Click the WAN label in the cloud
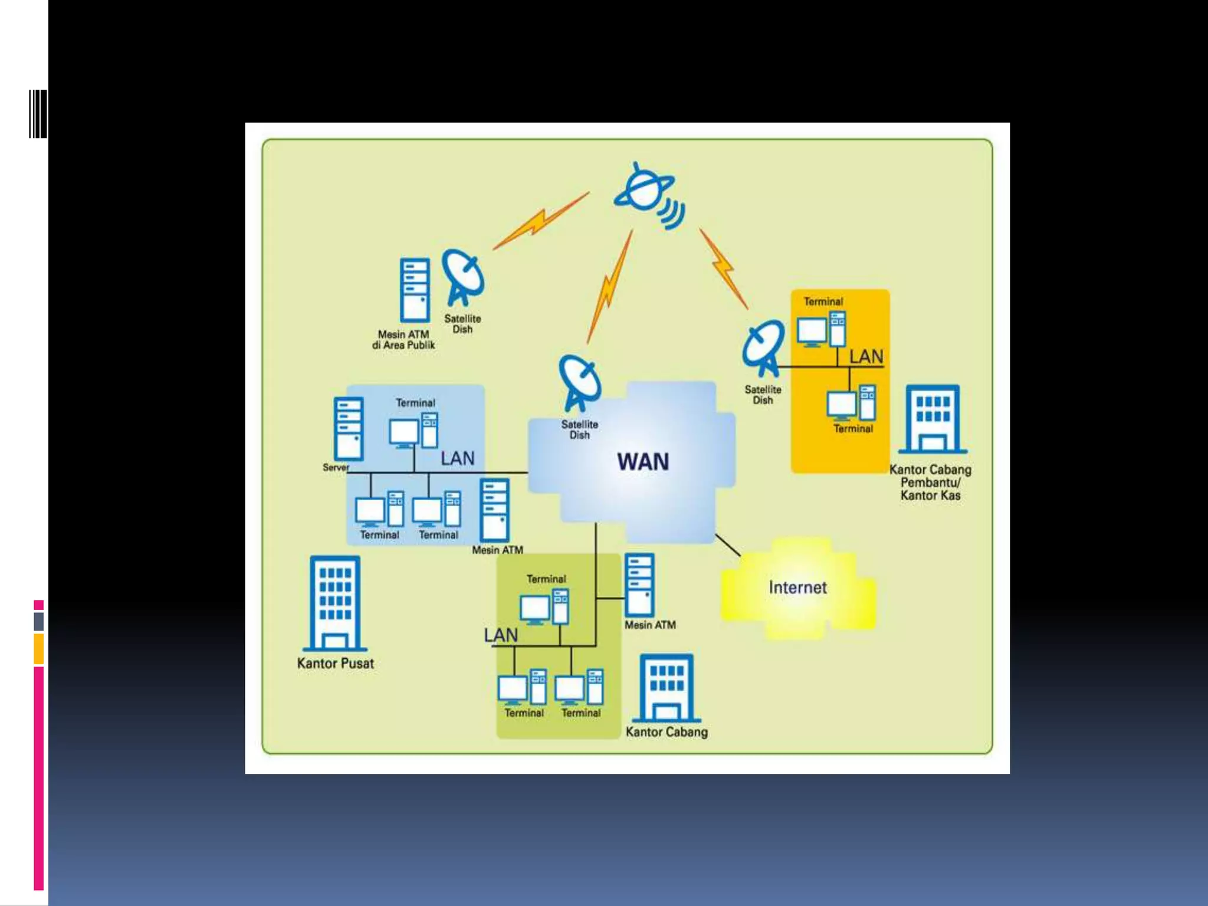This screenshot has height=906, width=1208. pyautogui.click(x=643, y=461)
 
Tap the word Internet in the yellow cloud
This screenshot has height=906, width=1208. pyautogui.click(x=797, y=587)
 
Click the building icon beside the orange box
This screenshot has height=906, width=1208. pyautogui.click(x=933, y=419)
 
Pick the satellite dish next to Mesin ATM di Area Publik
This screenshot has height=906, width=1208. pyautogui.click(x=463, y=277)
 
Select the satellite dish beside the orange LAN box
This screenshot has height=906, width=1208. pyautogui.click(x=763, y=348)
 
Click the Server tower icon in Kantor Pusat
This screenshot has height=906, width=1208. pyautogui.click(x=348, y=429)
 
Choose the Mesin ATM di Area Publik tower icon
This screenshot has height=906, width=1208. pyautogui.click(x=415, y=290)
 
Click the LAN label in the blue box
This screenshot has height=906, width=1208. pyautogui.click(x=457, y=458)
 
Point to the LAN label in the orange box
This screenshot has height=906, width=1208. pyautogui.click(x=866, y=357)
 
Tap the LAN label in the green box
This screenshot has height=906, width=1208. pyautogui.click(x=500, y=635)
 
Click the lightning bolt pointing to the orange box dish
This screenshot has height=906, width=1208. pyautogui.click(x=724, y=268)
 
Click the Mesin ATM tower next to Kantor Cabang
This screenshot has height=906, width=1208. pyautogui.click(x=639, y=585)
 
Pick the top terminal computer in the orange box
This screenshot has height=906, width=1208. pyautogui.click(x=821, y=330)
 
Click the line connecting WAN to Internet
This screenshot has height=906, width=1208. pyautogui.click(x=728, y=545)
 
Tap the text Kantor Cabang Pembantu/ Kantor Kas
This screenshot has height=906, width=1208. pyautogui.click(x=930, y=482)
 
